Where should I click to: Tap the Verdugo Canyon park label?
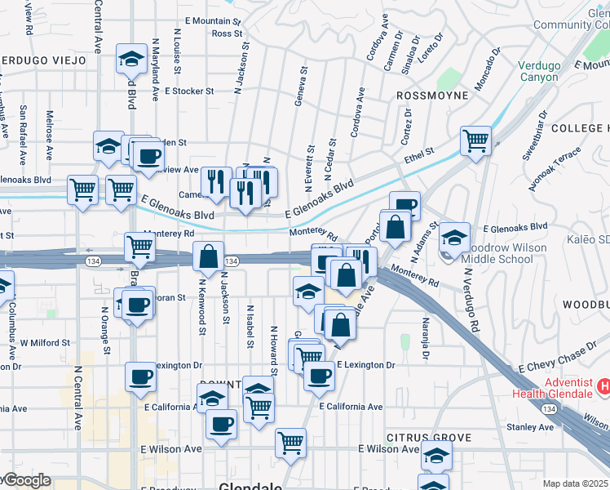click(539, 71)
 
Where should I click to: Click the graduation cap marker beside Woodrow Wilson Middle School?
click(455, 238)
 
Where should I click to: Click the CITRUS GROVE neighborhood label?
click(429, 439)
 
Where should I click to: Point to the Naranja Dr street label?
click(425, 337)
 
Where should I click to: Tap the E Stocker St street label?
click(188, 91)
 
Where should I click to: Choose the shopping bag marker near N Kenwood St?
click(209, 256)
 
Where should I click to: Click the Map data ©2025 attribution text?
click(576, 483)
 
